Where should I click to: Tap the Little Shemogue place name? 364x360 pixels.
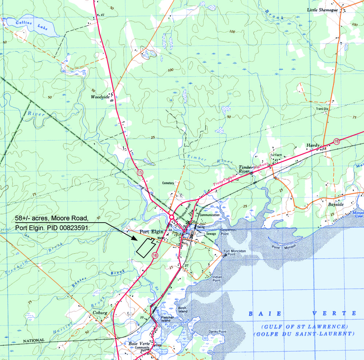tap(323, 9)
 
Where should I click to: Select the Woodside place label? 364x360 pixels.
tap(100, 97)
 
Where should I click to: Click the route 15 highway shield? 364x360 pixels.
tap(140, 172)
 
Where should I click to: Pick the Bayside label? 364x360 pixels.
tap(336, 205)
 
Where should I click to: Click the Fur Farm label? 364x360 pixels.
tap(276, 155)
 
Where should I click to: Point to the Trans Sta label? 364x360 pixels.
tap(322, 109)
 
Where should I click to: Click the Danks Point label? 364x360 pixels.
tap(217, 332)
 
